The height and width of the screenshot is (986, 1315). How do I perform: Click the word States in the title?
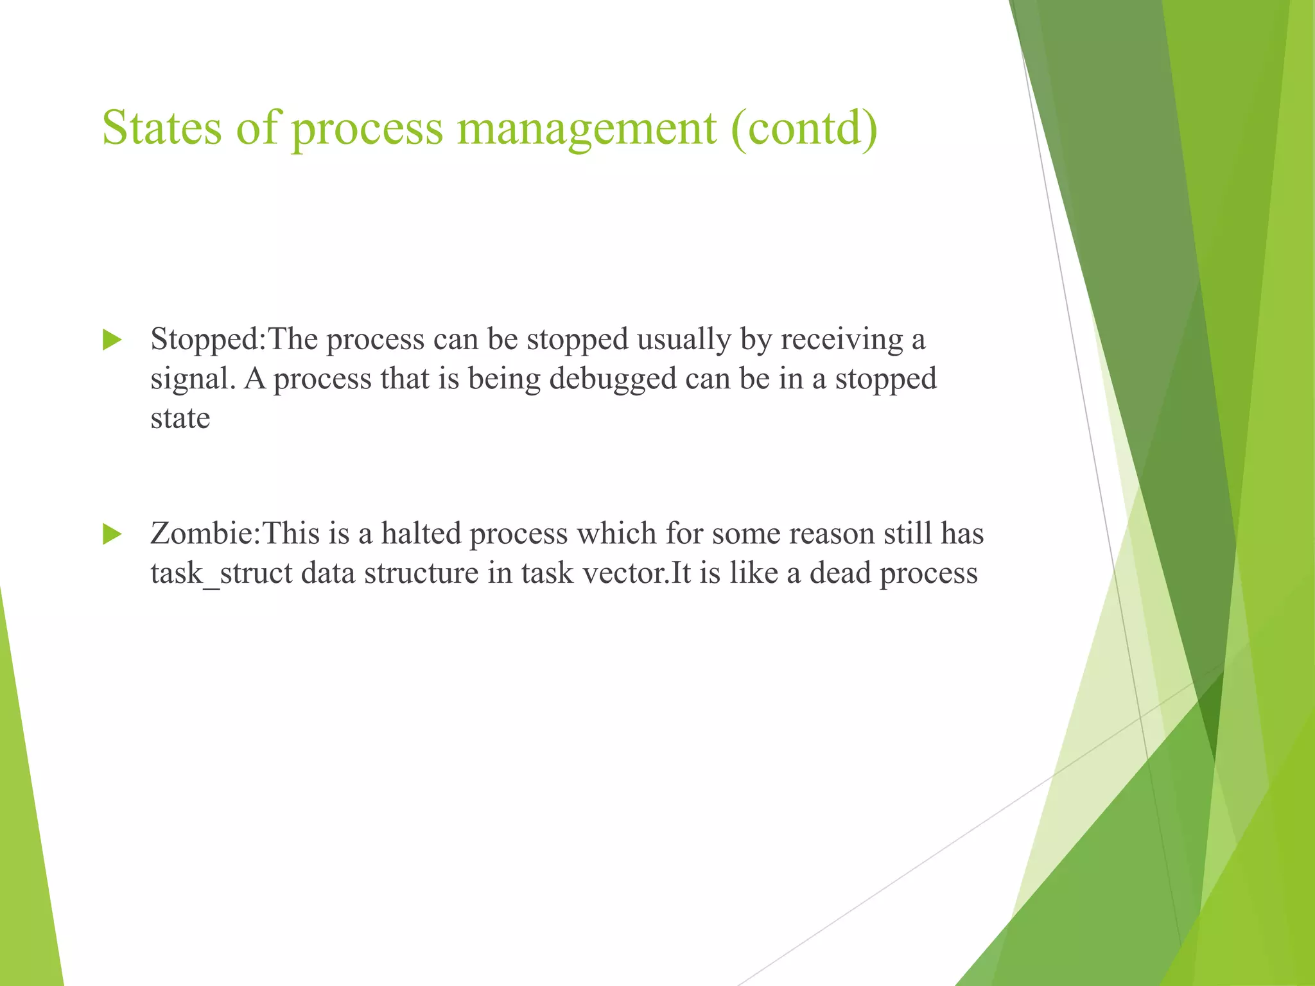162,128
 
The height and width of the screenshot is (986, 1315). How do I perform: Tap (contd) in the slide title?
804,128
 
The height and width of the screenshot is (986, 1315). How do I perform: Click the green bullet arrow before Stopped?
112,340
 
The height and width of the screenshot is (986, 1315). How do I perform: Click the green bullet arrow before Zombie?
112,534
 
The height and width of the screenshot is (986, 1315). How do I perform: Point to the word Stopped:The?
234,340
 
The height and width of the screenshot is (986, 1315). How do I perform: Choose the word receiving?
841,340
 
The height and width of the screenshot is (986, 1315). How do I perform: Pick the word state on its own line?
180,419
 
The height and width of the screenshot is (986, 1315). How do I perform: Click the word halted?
421,534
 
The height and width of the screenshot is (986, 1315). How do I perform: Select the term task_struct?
222,573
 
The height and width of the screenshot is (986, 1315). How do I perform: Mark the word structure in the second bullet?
421,573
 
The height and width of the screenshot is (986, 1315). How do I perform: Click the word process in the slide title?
367,128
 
